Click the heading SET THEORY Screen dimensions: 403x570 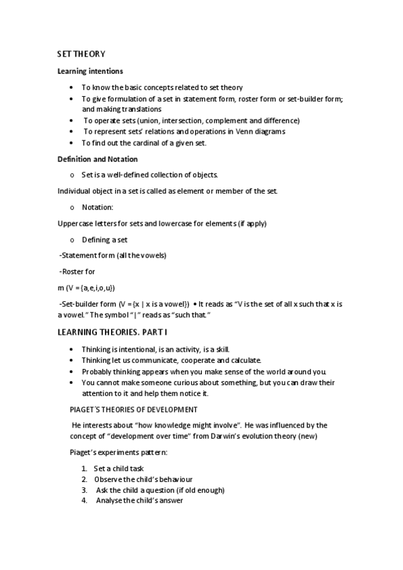pos(81,54)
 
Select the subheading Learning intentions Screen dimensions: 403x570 pos(89,71)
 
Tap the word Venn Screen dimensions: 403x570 pos(235,132)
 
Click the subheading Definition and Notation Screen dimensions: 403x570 pos(97,159)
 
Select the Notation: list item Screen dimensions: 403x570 pos(98,207)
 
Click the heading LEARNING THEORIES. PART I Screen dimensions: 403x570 pos(112,333)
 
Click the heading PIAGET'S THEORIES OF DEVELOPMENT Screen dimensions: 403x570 pos(134,409)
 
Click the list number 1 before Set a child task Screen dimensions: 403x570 pos(84,469)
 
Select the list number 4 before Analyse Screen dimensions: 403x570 pos(85,501)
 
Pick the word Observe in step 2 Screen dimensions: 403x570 pos(109,479)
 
